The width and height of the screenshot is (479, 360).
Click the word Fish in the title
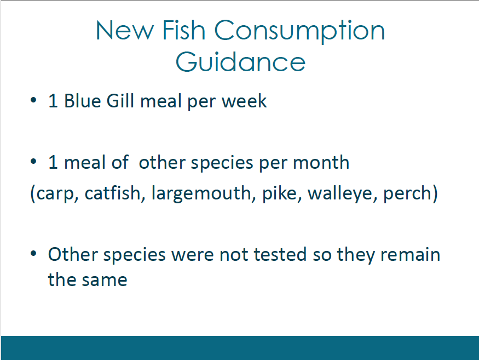click(183, 30)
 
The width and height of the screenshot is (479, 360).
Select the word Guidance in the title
click(240, 61)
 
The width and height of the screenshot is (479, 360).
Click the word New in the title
click(125, 30)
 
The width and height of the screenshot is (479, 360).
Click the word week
click(244, 101)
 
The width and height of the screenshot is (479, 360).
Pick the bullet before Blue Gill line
click(33, 100)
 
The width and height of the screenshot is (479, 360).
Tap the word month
click(321, 162)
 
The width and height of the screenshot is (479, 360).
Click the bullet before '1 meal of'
click(33, 162)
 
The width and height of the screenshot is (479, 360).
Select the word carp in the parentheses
click(54, 194)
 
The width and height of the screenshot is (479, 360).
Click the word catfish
click(112, 193)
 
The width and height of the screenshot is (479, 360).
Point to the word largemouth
click(201, 193)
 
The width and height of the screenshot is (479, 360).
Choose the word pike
click(280, 193)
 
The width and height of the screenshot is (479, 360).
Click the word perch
click(407, 193)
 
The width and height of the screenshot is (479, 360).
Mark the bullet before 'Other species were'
click(33, 254)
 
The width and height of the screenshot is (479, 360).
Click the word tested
click(280, 254)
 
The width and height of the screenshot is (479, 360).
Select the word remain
click(410, 254)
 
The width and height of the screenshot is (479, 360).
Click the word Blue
click(83, 101)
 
